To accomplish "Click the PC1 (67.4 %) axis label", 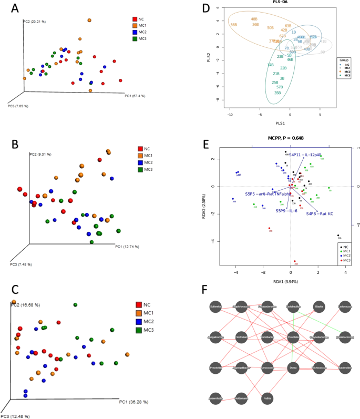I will point(135,96).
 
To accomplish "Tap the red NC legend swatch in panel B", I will point(139,149).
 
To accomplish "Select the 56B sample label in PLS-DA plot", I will point(234,25).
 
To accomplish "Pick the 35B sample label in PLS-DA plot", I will point(277,93).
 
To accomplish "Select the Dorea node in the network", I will point(293,367).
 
